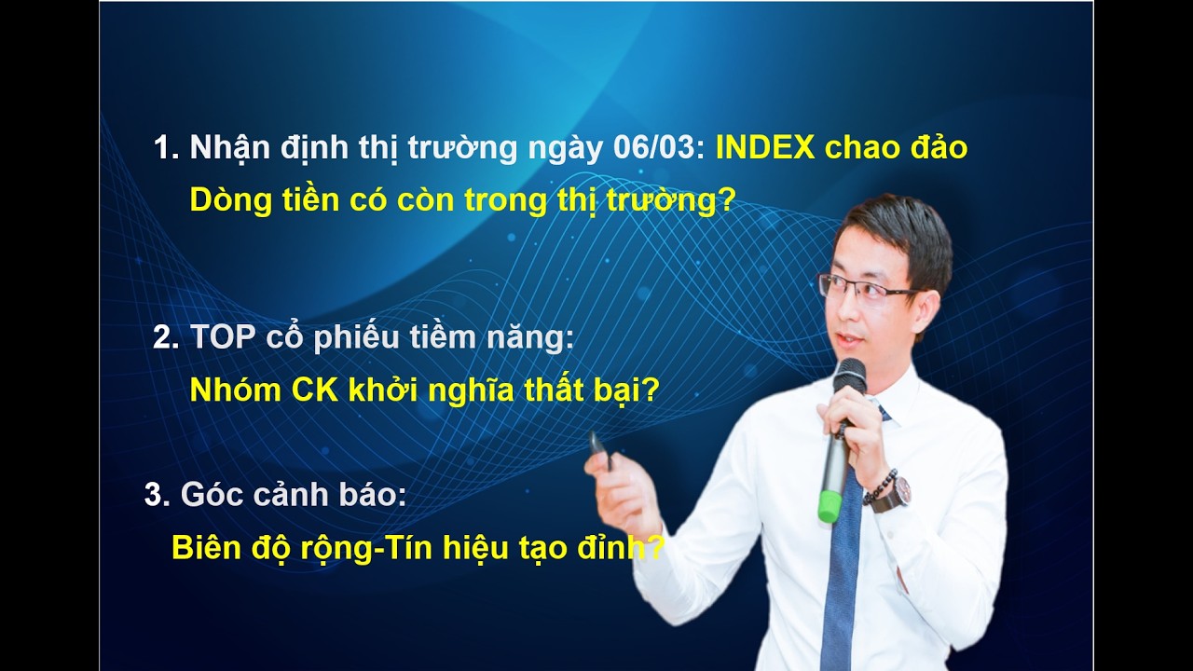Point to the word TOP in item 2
(222, 338)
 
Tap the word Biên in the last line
(206, 547)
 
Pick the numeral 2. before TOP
(165, 338)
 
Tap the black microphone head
(848, 377)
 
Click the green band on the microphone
(830, 508)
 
